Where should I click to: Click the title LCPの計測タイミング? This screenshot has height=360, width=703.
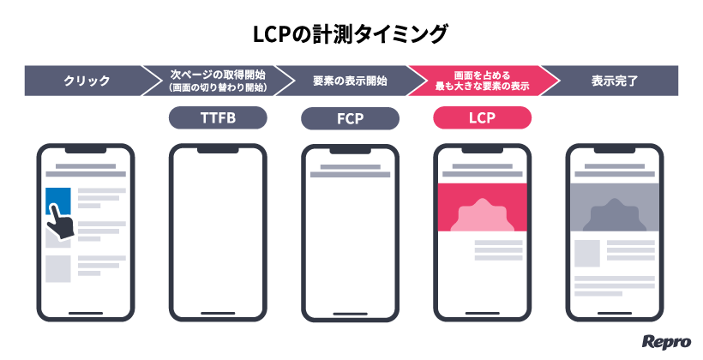pyautogui.click(x=351, y=34)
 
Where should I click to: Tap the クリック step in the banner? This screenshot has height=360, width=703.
pyautogui.click(x=87, y=81)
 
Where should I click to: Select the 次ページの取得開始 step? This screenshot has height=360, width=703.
pyautogui.click(x=218, y=81)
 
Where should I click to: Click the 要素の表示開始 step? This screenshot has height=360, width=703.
pyautogui.click(x=350, y=81)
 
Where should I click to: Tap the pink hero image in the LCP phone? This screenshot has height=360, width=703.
pyautogui.click(x=482, y=207)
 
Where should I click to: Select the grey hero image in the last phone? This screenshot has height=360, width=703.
pyautogui.click(x=614, y=207)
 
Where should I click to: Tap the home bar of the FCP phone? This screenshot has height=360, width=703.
pyautogui.click(x=350, y=313)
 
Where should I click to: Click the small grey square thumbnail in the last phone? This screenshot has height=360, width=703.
pyautogui.click(x=587, y=253)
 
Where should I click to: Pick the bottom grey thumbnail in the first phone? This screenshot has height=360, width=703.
pyautogui.click(x=57, y=269)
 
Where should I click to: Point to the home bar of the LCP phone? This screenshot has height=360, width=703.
pyautogui.click(x=482, y=313)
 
